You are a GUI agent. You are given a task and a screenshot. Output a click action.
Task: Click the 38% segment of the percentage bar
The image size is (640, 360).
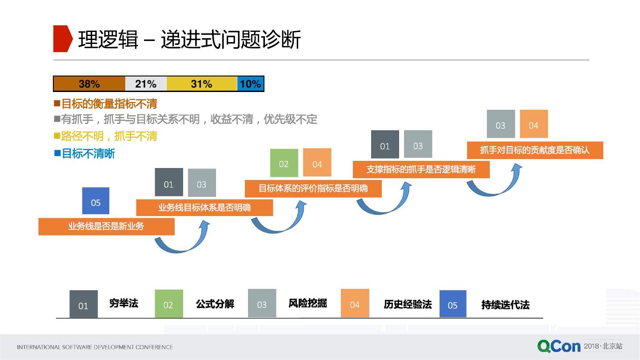(89, 84)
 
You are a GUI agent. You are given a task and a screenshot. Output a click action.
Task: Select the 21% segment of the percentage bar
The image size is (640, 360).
(146, 84)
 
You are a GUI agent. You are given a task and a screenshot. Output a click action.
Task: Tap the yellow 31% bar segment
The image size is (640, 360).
(202, 84)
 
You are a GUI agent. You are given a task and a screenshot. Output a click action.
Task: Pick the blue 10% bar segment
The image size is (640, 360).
(251, 84)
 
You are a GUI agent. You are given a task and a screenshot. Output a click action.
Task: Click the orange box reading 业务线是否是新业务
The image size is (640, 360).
(106, 226)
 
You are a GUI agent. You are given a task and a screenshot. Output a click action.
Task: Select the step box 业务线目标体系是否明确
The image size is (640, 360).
(204, 208)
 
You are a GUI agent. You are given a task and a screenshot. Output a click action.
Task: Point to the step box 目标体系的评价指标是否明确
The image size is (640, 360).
(313, 188)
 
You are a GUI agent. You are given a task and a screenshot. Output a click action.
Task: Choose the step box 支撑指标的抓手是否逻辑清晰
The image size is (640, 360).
(421, 169)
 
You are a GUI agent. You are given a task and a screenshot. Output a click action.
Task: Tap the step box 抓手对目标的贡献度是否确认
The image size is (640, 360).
(535, 150)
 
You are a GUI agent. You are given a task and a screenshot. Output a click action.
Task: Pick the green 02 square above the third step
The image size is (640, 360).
(284, 163)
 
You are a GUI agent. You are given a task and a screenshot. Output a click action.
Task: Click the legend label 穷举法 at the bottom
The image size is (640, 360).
(124, 304)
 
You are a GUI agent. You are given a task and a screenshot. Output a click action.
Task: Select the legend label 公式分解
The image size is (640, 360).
(215, 304)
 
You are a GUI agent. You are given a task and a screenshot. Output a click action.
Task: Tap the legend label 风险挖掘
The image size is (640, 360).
(308, 304)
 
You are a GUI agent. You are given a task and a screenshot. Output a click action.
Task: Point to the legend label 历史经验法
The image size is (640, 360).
(408, 304)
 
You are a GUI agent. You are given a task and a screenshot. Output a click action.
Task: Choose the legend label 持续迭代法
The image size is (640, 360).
(505, 305)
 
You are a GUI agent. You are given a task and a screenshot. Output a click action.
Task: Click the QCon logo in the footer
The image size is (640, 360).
(559, 346)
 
